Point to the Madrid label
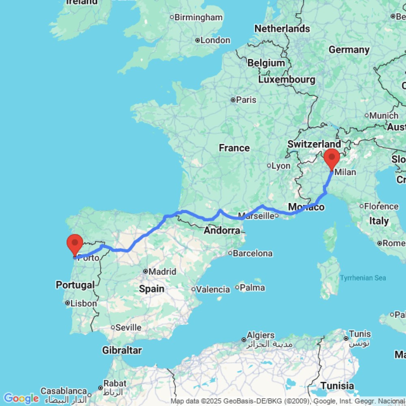162,272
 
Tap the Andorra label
222,231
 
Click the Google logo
21,398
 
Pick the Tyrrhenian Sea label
363,278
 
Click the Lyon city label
281,166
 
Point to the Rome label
393,243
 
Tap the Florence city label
381,206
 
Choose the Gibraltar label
122,350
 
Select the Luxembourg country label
287,80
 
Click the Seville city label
128,327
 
